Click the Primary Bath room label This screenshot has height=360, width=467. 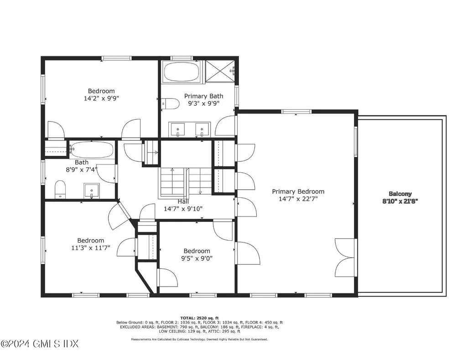tap(203, 96)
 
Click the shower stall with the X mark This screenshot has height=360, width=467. tap(220, 71)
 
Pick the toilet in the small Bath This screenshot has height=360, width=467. tap(60, 189)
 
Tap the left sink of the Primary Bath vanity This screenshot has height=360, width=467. tap(178, 129)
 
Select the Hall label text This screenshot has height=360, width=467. tap(183, 201)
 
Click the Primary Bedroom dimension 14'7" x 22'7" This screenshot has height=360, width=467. tap(298, 199)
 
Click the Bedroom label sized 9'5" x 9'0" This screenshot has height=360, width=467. tap(197, 251)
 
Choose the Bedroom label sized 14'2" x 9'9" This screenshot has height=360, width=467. tap(101, 91)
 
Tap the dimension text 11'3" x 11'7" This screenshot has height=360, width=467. tap(90, 248)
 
